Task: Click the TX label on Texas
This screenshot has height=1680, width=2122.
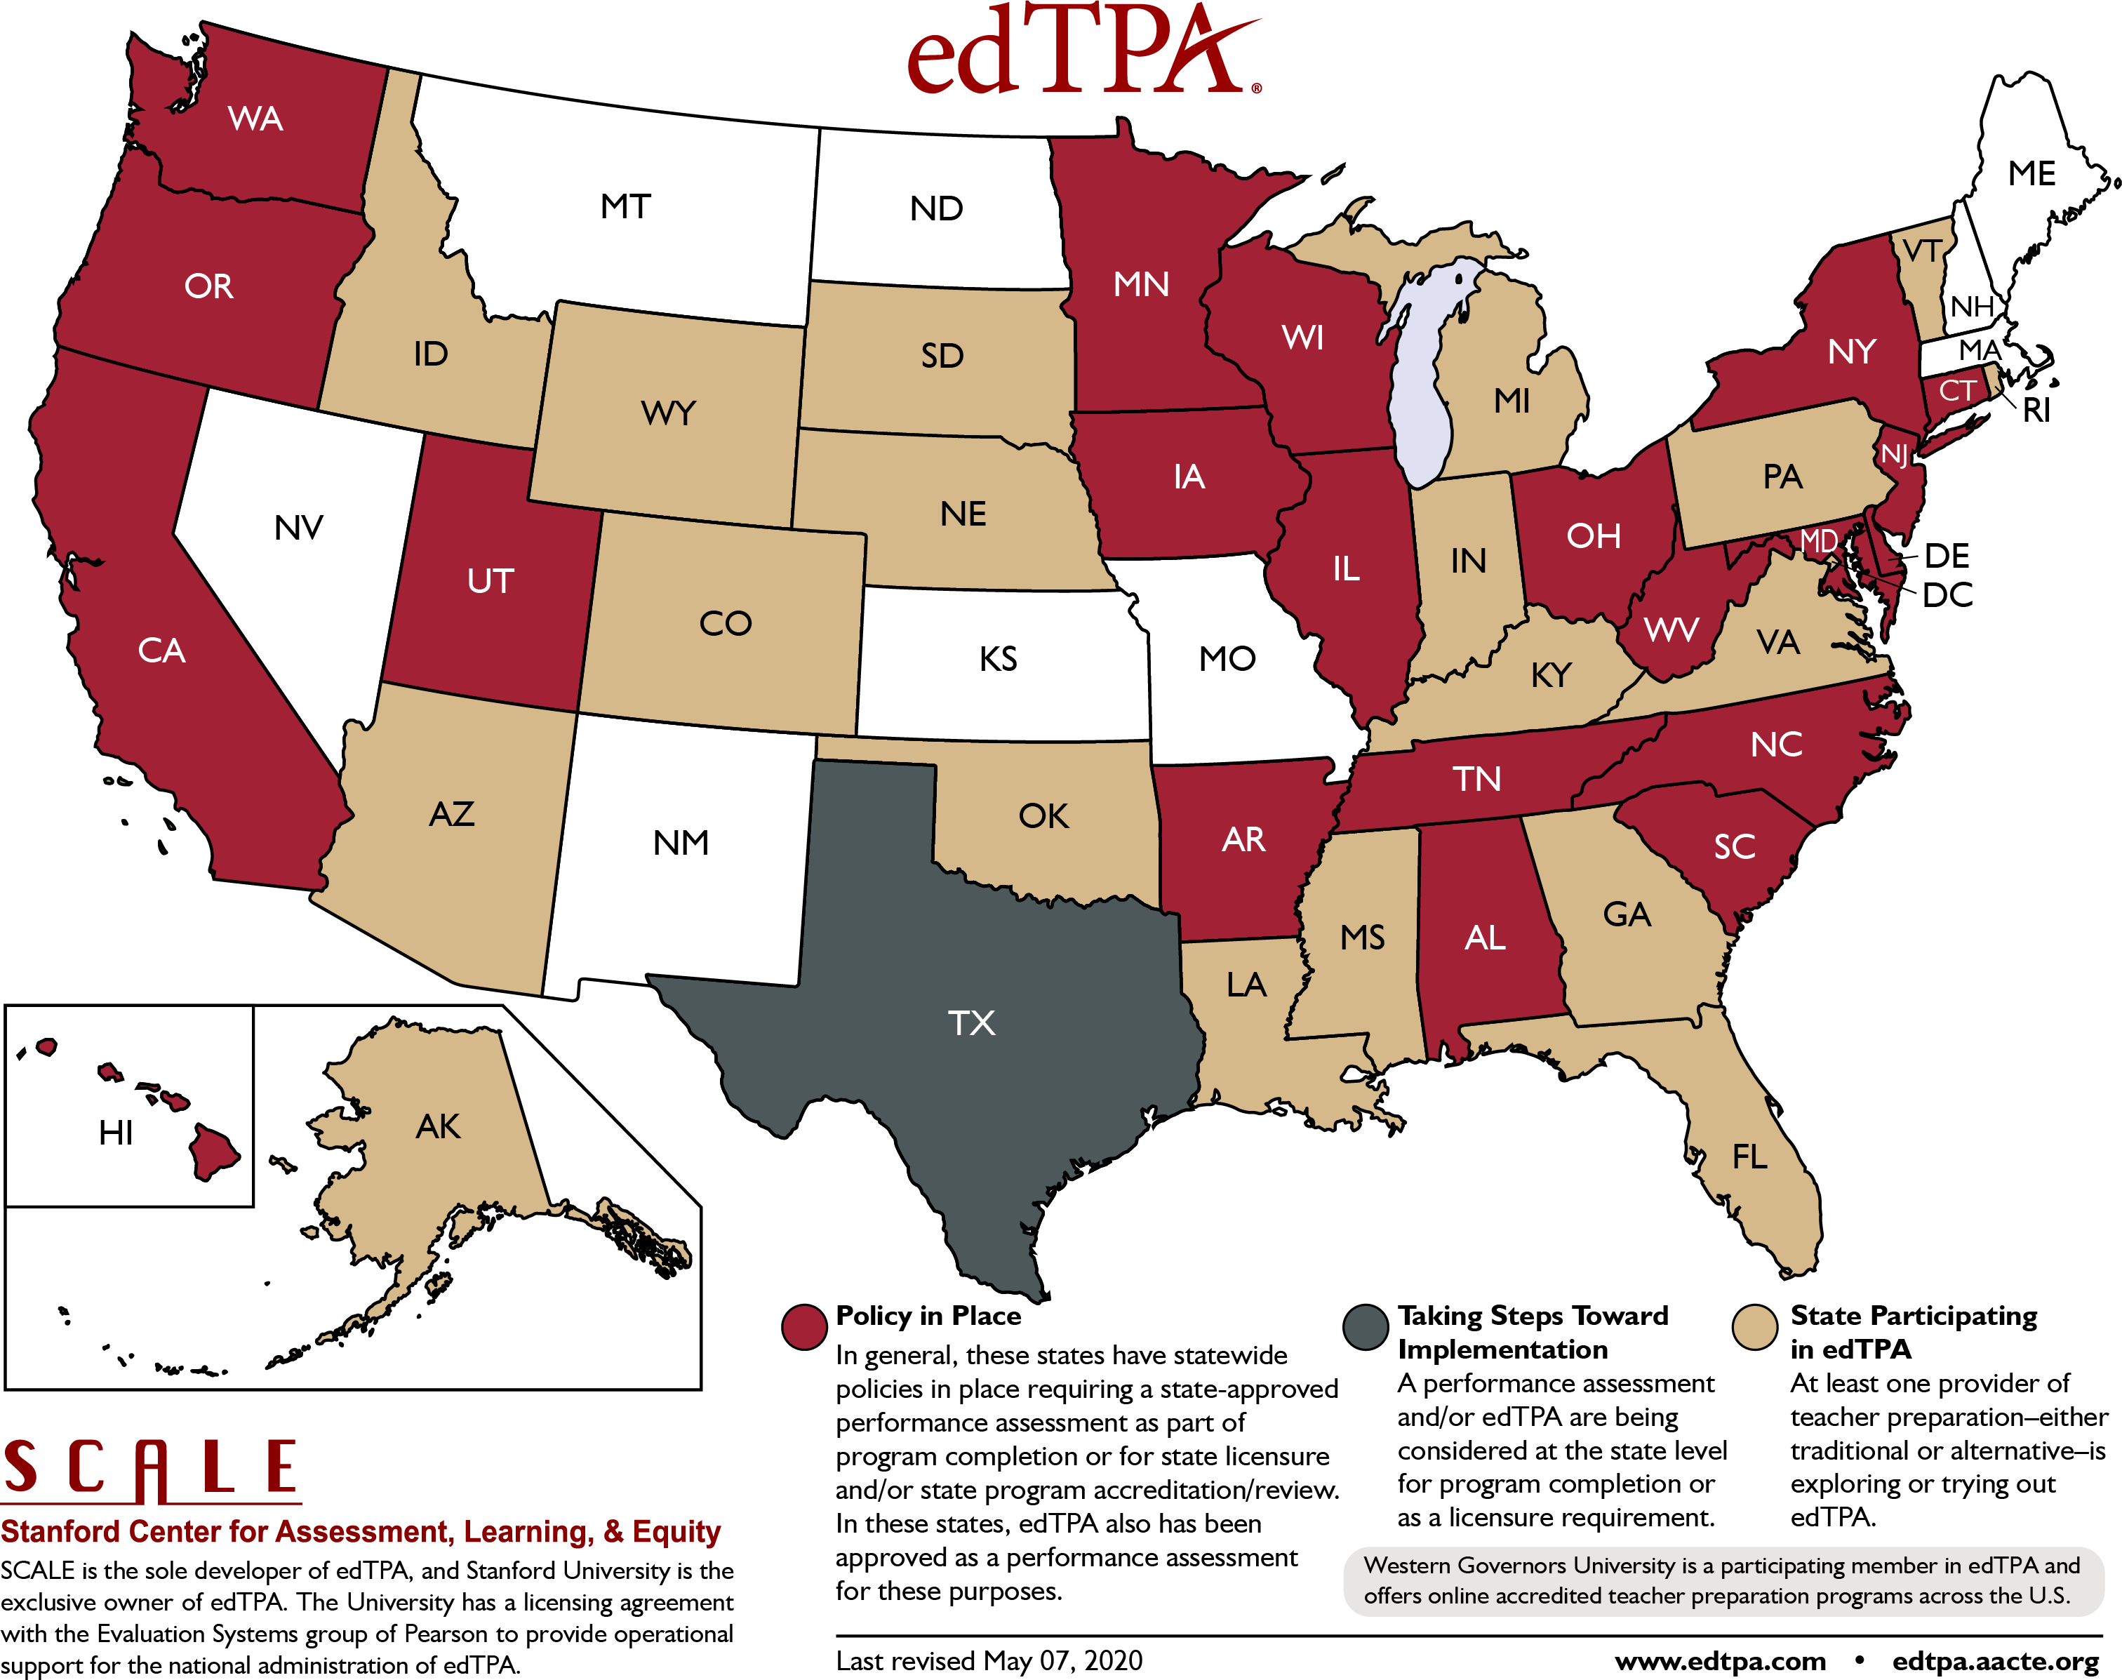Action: tap(971, 1023)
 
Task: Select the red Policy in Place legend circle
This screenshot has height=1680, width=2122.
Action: tap(803, 1327)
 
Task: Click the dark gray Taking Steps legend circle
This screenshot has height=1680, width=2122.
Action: tap(1365, 1327)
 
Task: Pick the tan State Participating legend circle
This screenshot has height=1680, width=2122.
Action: tap(1754, 1327)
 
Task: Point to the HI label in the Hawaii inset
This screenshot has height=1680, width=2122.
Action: tap(115, 1133)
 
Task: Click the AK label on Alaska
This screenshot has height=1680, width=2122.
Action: tap(438, 1126)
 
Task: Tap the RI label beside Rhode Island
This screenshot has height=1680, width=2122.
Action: tap(2036, 410)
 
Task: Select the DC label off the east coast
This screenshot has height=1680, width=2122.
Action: tap(1947, 595)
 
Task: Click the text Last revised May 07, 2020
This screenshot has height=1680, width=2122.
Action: tap(988, 1660)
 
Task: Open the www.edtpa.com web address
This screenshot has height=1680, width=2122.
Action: tap(1720, 1661)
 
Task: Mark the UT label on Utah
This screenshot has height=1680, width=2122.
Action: tap(490, 580)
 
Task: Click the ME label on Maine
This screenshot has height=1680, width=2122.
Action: tap(2031, 174)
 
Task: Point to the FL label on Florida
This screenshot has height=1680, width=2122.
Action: tap(1749, 1156)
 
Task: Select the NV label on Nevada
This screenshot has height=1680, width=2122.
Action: tap(298, 528)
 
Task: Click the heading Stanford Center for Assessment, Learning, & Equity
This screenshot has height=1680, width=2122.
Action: tap(361, 1531)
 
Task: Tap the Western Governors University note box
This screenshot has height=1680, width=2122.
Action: tap(1722, 1580)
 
